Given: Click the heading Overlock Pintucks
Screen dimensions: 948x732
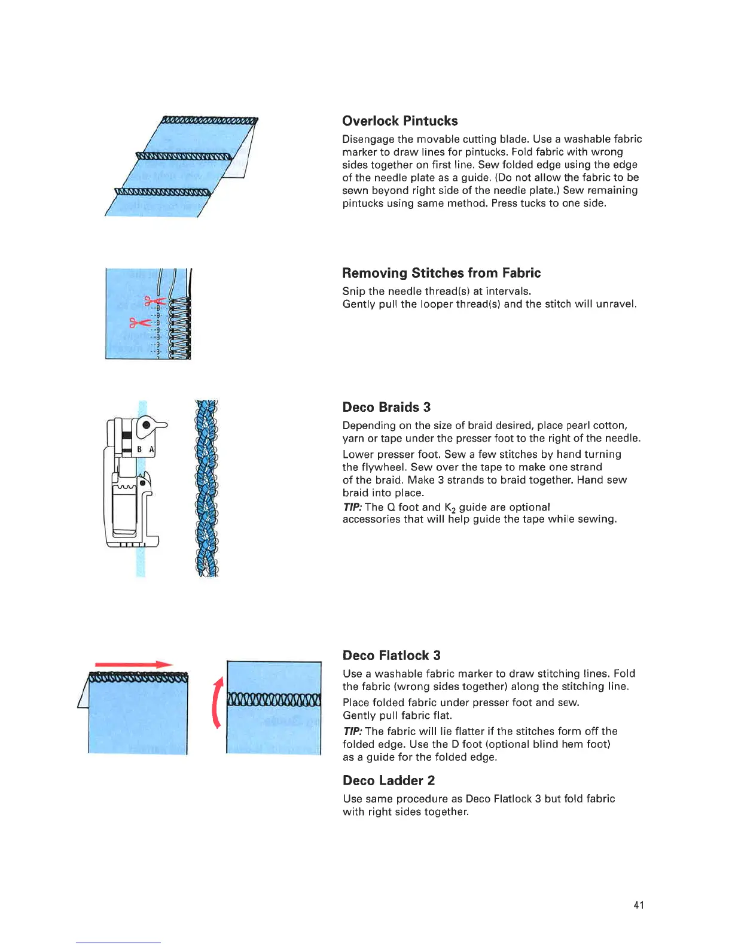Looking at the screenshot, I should [399, 121].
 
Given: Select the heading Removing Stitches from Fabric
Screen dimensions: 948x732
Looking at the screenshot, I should [441, 273].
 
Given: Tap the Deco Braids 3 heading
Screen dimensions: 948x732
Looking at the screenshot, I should [386, 407].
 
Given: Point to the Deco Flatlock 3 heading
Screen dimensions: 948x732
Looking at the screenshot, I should [391, 655].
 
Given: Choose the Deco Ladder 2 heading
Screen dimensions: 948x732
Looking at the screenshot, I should [388, 780].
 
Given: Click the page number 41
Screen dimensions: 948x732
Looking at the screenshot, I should [638, 905].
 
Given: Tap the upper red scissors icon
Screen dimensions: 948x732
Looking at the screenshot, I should [154, 302].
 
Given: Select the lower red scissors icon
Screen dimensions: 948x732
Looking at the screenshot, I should [140, 323].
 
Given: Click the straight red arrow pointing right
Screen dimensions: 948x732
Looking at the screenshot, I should [133, 664].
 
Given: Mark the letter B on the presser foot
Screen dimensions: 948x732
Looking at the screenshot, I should [139, 449].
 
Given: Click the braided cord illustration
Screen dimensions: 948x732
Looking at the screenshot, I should [207, 488].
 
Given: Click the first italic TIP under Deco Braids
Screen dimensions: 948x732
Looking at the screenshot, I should [352, 507].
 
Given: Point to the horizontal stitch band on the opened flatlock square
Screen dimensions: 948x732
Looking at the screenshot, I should [274, 698].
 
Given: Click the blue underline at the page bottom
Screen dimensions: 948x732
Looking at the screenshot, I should [118, 943].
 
